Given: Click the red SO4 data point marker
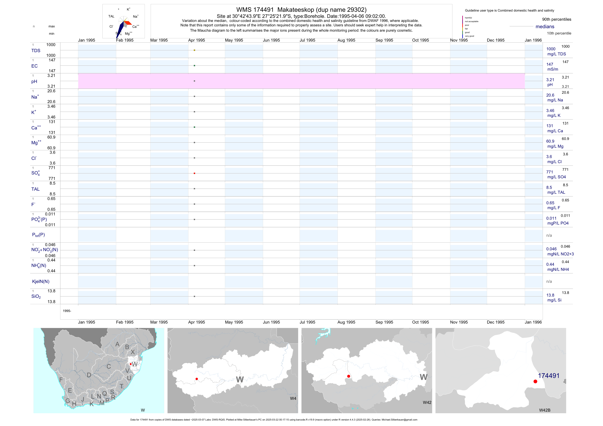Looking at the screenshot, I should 194,173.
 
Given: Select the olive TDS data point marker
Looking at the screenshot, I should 194,50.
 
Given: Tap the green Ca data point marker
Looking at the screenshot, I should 194,127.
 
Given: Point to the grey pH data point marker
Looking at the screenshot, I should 194,81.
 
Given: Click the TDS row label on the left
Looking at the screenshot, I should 36,51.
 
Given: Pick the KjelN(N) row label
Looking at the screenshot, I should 41,282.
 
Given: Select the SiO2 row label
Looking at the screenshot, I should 36,296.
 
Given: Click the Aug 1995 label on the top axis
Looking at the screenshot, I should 346,40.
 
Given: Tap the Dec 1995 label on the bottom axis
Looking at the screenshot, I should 496,322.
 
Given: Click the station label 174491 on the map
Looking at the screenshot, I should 549,376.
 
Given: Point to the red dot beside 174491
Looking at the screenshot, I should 535,381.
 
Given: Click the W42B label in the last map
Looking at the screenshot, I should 545,410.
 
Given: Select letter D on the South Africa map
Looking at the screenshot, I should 89,375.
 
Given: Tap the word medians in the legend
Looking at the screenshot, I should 545,27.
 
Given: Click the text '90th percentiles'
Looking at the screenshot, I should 556,19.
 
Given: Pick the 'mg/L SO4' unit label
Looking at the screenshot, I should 556,177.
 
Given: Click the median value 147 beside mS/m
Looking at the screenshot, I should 550,64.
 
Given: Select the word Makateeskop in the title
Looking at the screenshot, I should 296,10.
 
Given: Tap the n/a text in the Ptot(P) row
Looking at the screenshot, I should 549,235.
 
